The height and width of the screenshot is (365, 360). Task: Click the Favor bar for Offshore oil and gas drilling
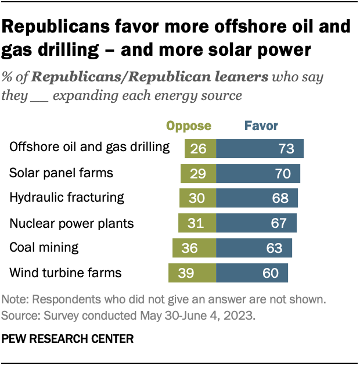pyautogui.click(x=260, y=148)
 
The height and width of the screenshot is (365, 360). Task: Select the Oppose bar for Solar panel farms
pyautogui.click(x=198, y=173)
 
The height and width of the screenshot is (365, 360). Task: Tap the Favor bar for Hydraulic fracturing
pyautogui.click(x=257, y=198)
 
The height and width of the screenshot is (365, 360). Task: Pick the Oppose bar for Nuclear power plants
pyautogui.click(x=197, y=223)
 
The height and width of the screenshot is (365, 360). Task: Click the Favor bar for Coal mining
pyautogui.click(x=254, y=248)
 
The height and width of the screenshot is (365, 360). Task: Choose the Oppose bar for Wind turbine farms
pyautogui.click(x=192, y=272)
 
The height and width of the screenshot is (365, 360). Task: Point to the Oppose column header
pyautogui.click(x=189, y=126)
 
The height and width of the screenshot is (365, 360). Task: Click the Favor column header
pyautogui.click(x=261, y=126)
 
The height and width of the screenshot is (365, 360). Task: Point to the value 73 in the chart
pyautogui.click(x=286, y=148)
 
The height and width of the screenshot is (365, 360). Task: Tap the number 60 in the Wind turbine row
pyautogui.click(x=271, y=272)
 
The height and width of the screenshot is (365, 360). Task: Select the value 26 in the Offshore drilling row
pyautogui.click(x=199, y=148)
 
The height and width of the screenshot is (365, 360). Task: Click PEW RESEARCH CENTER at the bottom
pyautogui.click(x=68, y=337)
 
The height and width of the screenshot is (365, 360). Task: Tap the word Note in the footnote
pyautogui.click(x=13, y=300)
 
